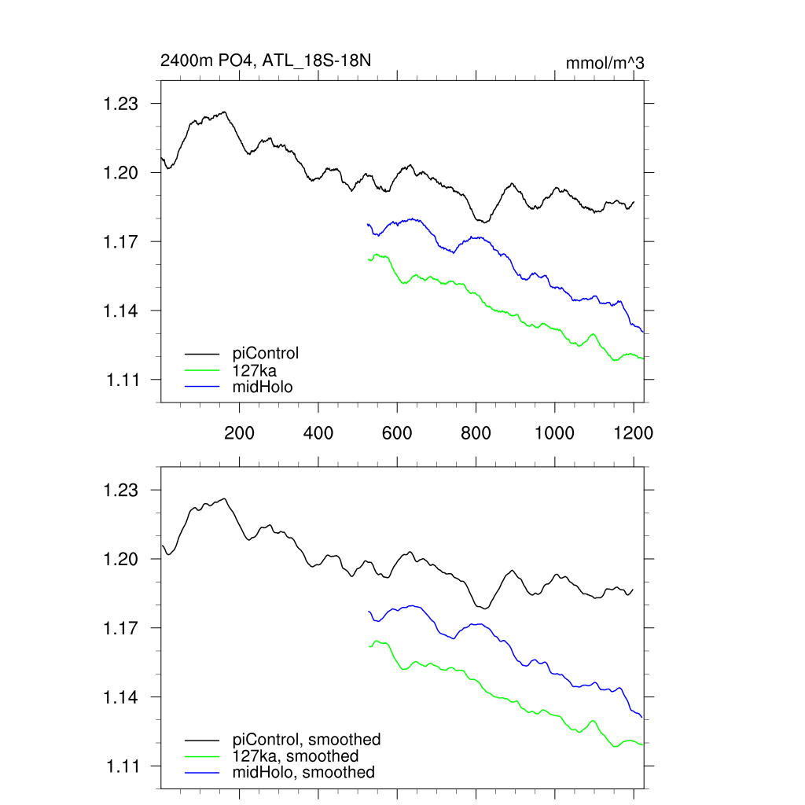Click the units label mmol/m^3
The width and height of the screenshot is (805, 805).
click(605, 63)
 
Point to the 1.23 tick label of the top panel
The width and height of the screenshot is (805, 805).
click(121, 104)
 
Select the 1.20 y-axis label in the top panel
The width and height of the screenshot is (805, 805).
click(121, 173)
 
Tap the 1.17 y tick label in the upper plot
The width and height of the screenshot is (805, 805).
click(121, 242)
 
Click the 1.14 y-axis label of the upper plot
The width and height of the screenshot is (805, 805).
click(121, 311)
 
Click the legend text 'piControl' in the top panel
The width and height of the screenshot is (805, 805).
click(266, 353)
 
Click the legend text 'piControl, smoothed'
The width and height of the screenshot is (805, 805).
click(307, 740)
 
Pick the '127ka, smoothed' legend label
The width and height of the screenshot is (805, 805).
click(296, 756)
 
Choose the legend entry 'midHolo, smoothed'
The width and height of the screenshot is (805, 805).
click(303, 773)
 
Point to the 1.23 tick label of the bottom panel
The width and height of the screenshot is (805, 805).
click(121, 491)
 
